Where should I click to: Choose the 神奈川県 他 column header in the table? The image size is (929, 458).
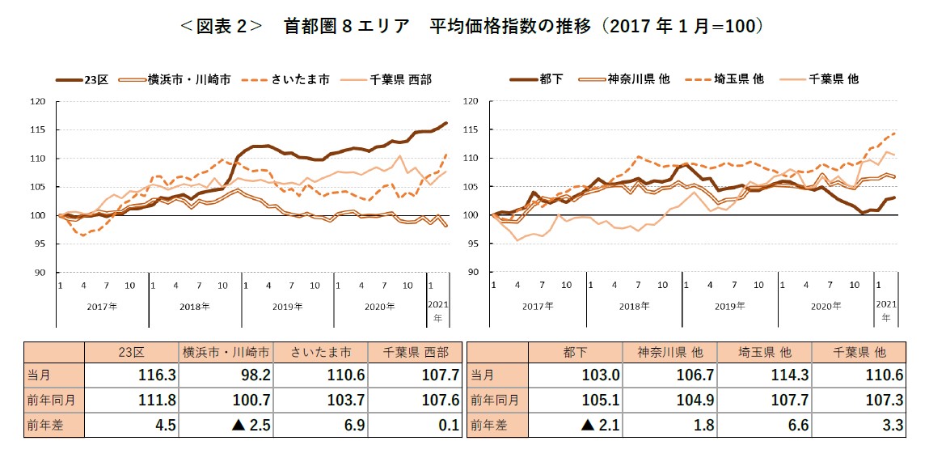point(669,353)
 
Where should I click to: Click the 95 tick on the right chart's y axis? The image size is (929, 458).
point(471,244)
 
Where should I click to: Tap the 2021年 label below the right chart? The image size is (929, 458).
point(885,312)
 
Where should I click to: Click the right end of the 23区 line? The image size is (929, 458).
point(447,123)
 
